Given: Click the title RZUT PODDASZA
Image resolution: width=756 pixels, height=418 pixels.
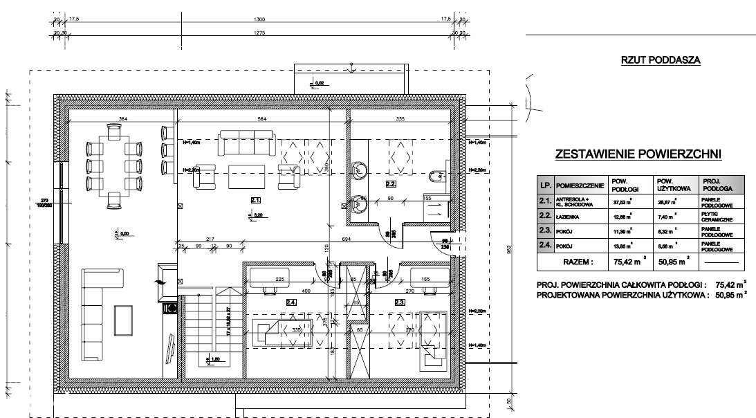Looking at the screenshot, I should (661, 61).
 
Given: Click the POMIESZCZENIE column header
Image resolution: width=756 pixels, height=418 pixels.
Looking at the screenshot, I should (578, 186).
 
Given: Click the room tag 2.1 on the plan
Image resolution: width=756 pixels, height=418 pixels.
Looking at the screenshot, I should (256, 200).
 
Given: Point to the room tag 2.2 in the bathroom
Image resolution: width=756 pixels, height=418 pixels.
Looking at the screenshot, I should (390, 184).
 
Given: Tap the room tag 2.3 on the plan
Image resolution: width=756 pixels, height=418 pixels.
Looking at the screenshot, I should (400, 302).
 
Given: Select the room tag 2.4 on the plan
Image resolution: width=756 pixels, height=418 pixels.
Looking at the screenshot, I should (291, 302).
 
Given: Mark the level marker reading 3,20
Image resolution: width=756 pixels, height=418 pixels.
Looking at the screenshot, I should (257, 216).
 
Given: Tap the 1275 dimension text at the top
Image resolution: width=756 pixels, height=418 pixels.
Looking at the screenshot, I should (259, 33).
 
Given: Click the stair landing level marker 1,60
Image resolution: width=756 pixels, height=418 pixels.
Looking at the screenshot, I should (216, 360).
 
